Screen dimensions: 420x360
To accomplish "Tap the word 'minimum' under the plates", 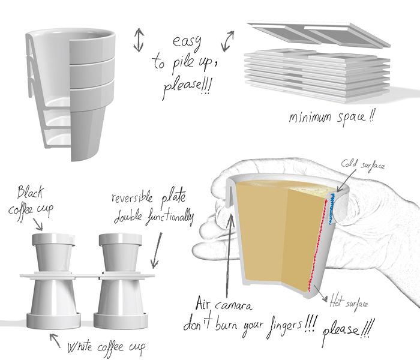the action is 310,118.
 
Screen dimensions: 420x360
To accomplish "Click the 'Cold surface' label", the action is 362,164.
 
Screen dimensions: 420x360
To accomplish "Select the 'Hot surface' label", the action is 349,302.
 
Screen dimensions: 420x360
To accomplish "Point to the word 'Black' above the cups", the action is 30,192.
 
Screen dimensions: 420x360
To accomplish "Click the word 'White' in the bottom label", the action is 80,347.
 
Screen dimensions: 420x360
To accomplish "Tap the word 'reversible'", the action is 132,197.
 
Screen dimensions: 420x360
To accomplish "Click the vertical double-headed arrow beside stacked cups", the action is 139,40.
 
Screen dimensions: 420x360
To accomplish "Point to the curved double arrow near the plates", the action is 227,41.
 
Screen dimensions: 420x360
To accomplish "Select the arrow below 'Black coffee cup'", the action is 38,224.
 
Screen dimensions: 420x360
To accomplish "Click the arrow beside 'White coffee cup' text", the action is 55,340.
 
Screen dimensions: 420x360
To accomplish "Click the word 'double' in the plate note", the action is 128,217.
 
